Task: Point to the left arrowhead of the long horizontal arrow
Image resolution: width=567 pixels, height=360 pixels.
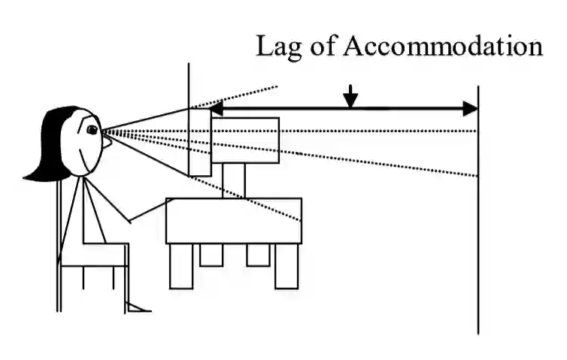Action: [215, 109]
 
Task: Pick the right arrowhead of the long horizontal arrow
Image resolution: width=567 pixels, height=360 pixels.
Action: [471, 109]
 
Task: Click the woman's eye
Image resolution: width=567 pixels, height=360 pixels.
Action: [92, 130]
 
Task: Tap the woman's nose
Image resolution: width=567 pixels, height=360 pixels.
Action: [107, 141]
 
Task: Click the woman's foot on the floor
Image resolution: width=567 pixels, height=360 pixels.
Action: [138, 307]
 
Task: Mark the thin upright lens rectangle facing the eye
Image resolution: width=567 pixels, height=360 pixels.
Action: [200, 142]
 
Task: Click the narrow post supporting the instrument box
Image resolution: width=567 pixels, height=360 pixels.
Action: [234, 180]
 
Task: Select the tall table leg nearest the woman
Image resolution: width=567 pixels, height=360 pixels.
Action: [181, 266]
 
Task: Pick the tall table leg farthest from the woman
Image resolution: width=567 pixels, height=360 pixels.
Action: [287, 266]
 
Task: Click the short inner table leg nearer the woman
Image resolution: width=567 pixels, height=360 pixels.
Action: [211, 255]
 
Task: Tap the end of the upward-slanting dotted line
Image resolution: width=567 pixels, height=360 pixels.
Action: [276, 86]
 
